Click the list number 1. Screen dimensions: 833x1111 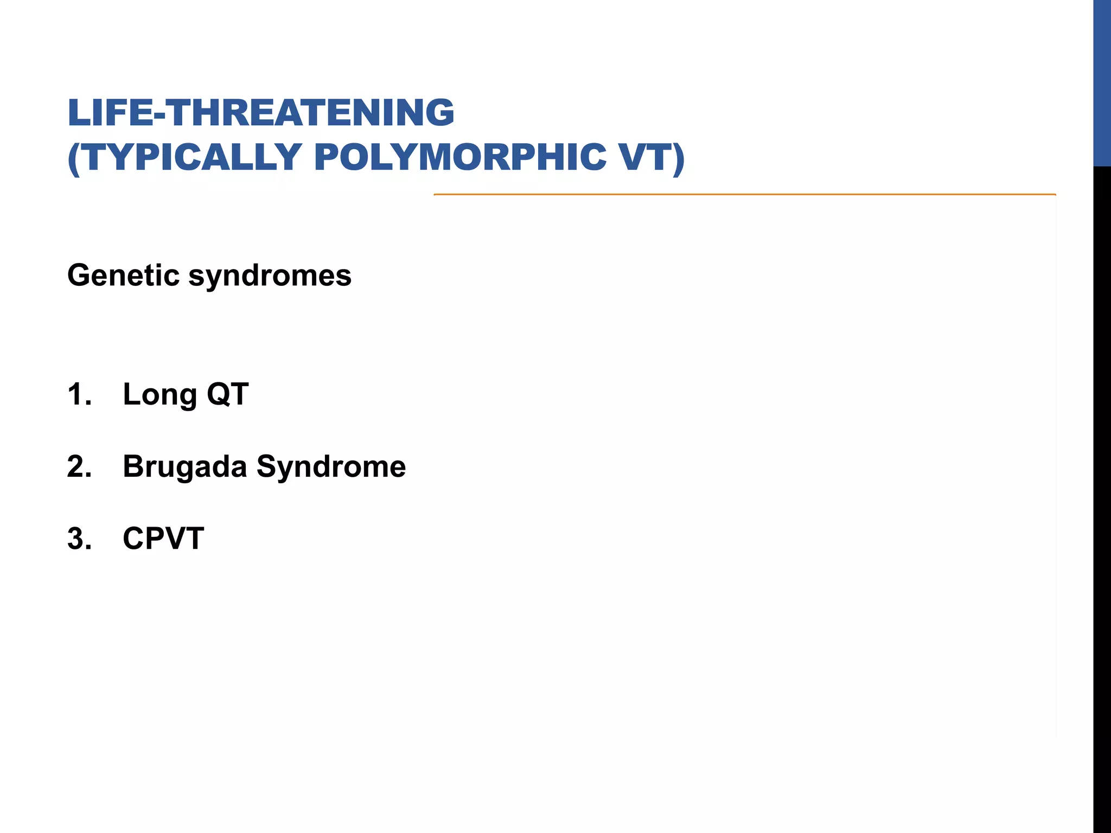78,394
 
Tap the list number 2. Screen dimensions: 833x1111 79,466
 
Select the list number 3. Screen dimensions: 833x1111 79,539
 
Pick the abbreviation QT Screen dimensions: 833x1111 227,394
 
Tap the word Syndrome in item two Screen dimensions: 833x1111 331,467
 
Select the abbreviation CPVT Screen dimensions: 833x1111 163,539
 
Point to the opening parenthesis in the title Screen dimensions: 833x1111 74,158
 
